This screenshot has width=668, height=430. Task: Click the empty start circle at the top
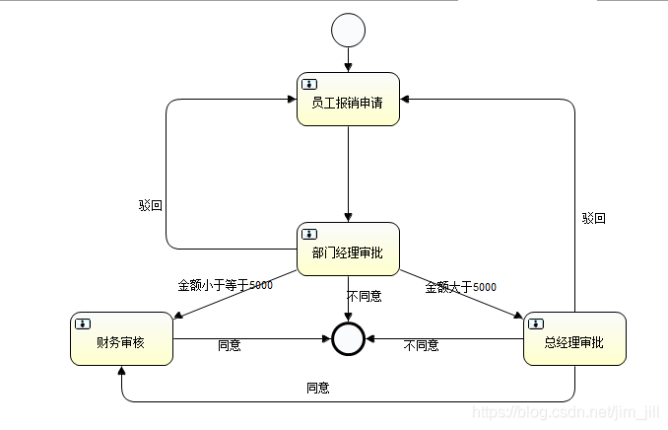348,31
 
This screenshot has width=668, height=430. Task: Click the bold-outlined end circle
348,338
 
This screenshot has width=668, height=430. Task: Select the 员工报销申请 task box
348,100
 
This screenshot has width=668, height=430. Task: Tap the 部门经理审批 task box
348,250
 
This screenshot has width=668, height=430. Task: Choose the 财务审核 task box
121,339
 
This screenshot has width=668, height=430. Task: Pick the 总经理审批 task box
574,339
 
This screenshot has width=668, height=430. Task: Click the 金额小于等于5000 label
225,286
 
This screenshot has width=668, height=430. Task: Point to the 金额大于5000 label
460,287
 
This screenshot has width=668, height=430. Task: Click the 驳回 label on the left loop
151,206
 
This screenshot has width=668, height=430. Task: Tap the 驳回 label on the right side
593,218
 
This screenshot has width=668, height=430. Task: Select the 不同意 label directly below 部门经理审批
365,295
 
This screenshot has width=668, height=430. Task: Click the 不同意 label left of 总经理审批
421,345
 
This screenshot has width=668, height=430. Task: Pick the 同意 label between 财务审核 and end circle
229,345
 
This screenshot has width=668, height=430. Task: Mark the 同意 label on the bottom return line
317,388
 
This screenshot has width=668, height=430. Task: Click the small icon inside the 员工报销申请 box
308,84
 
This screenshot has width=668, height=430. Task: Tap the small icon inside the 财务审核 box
82,322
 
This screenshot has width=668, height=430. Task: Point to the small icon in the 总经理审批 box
535,322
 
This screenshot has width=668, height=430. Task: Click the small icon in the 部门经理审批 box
308,234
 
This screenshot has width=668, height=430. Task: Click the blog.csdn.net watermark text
566,411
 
